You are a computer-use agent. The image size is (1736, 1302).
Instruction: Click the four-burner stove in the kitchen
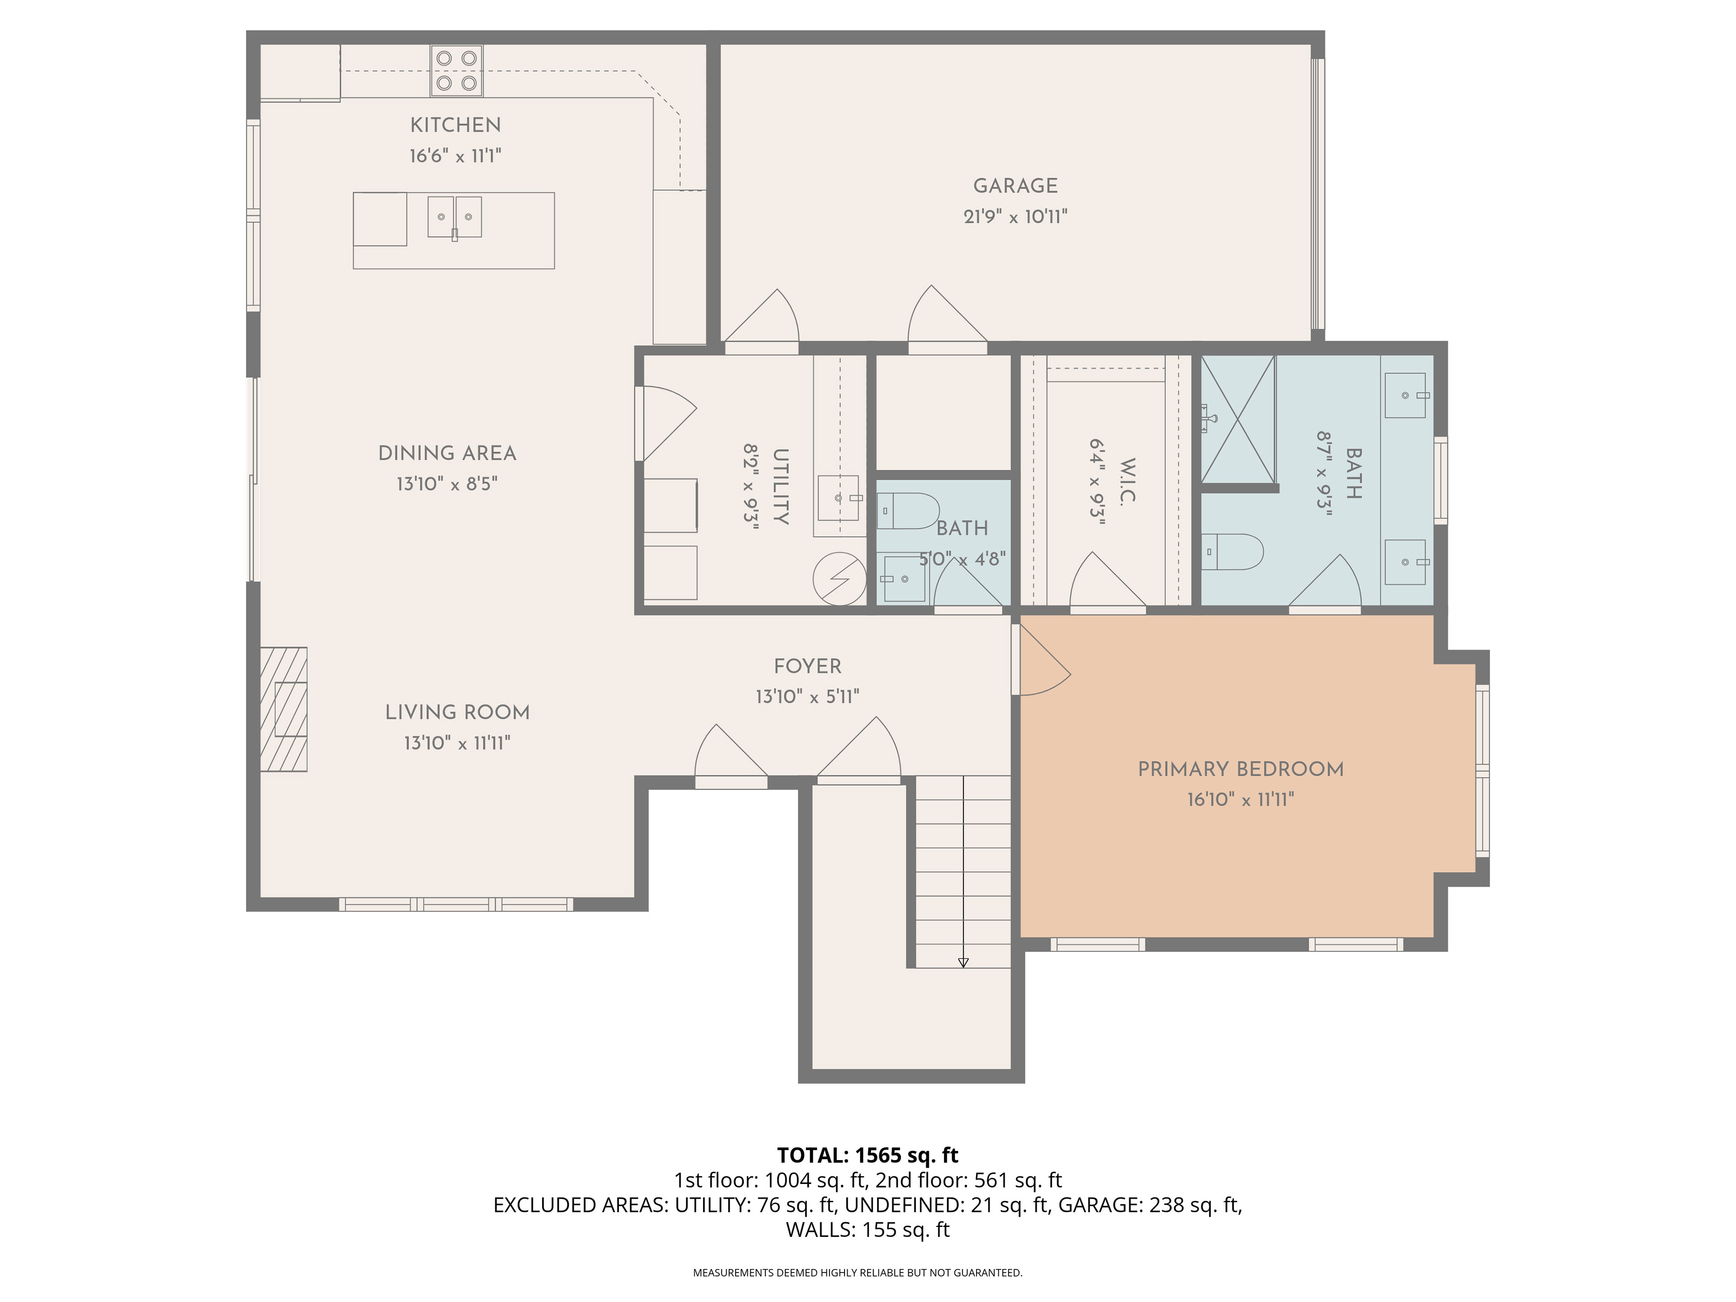[456, 71]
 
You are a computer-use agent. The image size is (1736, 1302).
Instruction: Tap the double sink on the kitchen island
[454, 217]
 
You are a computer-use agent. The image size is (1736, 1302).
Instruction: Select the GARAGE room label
[1015, 186]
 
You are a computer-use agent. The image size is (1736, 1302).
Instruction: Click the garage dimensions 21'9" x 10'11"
[1015, 217]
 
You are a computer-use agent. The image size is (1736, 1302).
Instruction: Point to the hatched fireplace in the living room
[283, 709]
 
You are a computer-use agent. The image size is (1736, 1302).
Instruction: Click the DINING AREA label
[448, 453]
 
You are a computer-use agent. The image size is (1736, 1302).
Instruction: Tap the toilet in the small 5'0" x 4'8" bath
[907, 511]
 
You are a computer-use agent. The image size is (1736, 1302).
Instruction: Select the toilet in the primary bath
[1232, 552]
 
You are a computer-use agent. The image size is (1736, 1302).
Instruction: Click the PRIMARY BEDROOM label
[1241, 769]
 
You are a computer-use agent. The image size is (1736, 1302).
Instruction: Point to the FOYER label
[807, 666]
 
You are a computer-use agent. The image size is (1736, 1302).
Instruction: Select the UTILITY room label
[780, 486]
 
